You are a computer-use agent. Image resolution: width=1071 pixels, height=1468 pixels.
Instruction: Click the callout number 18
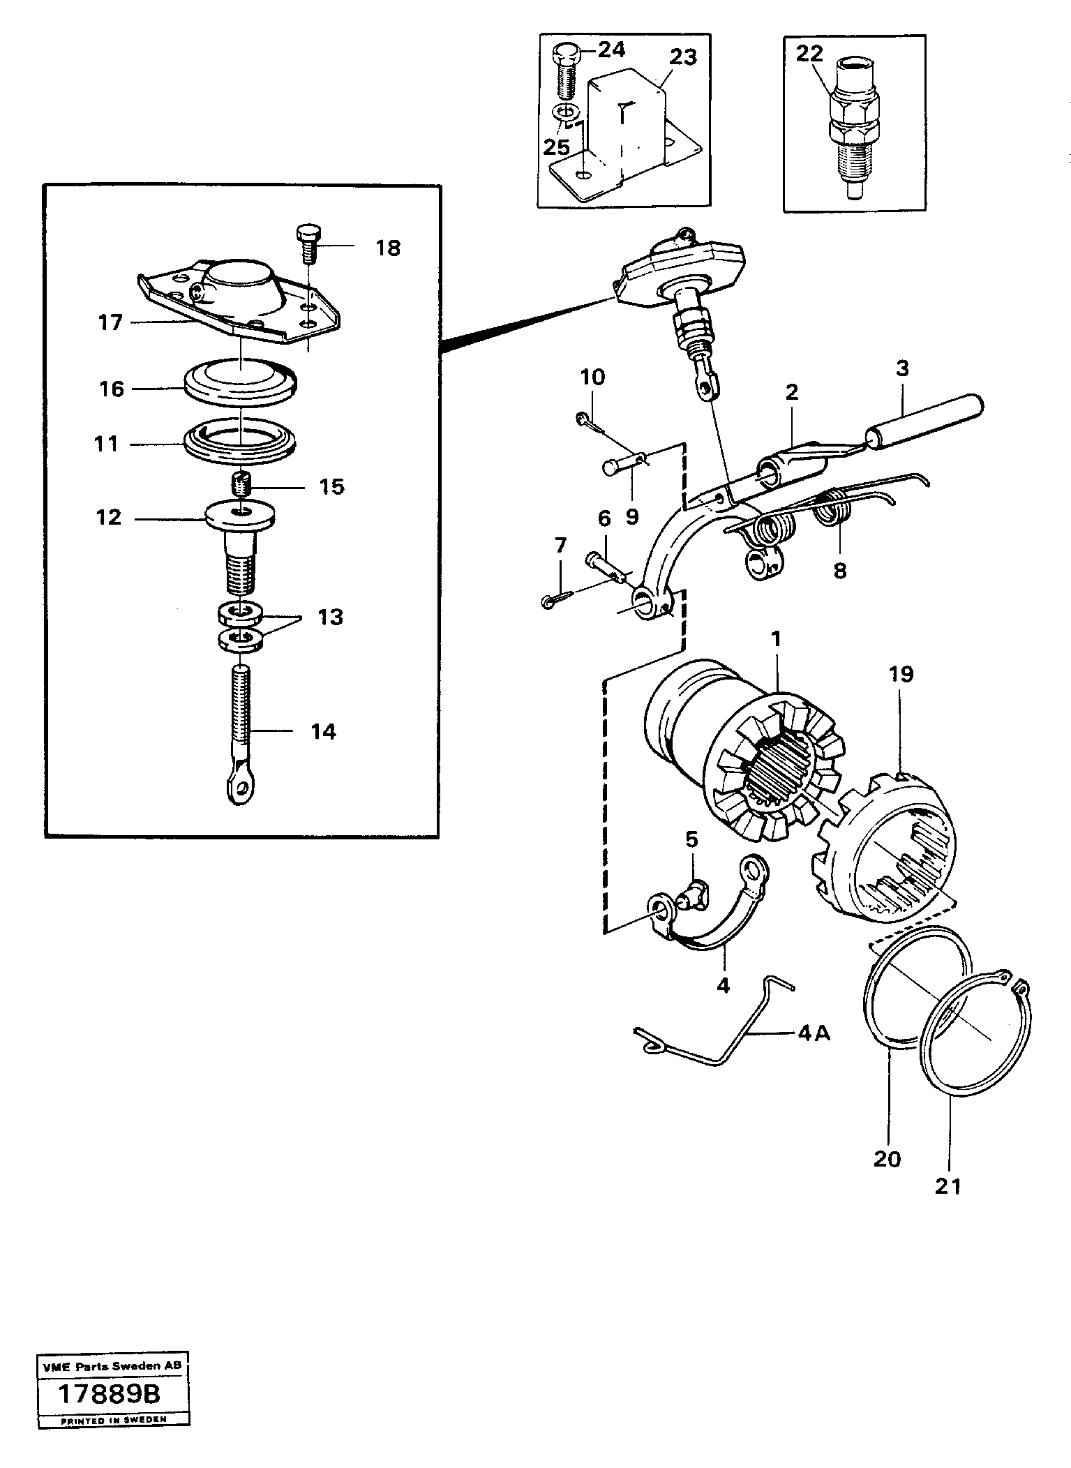pyautogui.click(x=388, y=248)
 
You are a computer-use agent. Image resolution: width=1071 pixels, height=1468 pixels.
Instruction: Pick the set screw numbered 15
pyautogui.click(x=241, y=482)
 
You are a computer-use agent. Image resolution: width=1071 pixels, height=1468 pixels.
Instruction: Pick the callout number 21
pyautogui.click(x=948, y=1186)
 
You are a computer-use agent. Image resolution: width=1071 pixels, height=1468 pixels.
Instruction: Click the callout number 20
pyautogui.click(x=887, y=1159)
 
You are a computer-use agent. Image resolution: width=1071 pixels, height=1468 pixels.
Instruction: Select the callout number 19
pyautogui.click(x=901, y=674)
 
